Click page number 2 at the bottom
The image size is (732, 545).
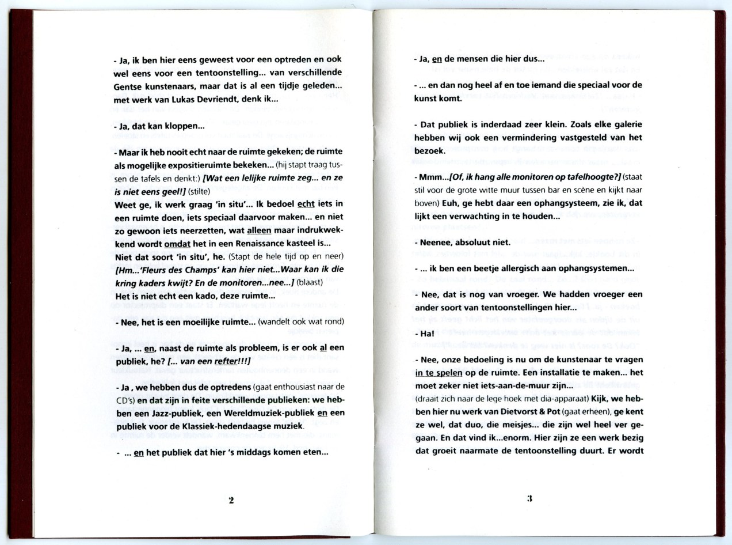(x=231, y=501)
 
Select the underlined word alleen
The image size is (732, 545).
(x=259, y=230)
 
